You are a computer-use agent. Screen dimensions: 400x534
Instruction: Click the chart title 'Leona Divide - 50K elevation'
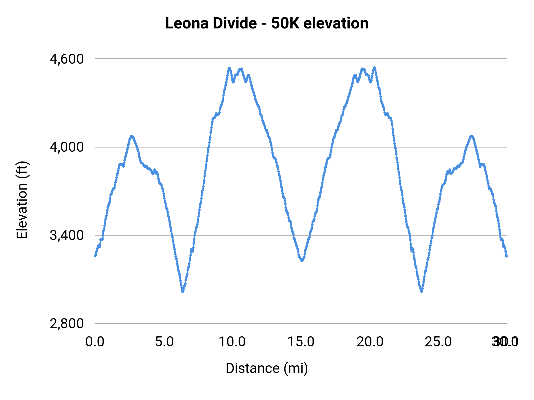pos(266,23)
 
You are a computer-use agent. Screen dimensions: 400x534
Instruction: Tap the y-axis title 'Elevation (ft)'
pos(22,200)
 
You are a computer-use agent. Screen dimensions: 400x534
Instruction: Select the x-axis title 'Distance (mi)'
pos(266,368)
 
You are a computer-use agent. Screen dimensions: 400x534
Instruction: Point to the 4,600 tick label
pos(67,59)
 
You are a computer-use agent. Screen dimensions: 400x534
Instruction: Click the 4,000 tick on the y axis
pos(67,147)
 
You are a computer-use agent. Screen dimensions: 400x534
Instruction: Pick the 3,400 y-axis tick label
pos(67,235)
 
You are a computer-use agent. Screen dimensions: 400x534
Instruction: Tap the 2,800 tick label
pos(67,324)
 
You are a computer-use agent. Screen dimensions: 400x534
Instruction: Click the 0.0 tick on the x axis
pos(95,342)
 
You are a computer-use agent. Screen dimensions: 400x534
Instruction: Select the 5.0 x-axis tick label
pos(164,342)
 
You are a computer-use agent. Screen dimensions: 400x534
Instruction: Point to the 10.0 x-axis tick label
pos(232,342)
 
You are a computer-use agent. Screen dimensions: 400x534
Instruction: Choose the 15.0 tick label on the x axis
pos(301,342)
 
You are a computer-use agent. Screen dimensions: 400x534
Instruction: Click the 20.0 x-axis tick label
pos(370,342)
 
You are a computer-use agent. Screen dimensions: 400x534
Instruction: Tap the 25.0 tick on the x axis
pos(438,342)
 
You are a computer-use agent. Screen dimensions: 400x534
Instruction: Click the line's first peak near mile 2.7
pos(131,136)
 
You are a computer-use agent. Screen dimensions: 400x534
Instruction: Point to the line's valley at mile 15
pos(302,261)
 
